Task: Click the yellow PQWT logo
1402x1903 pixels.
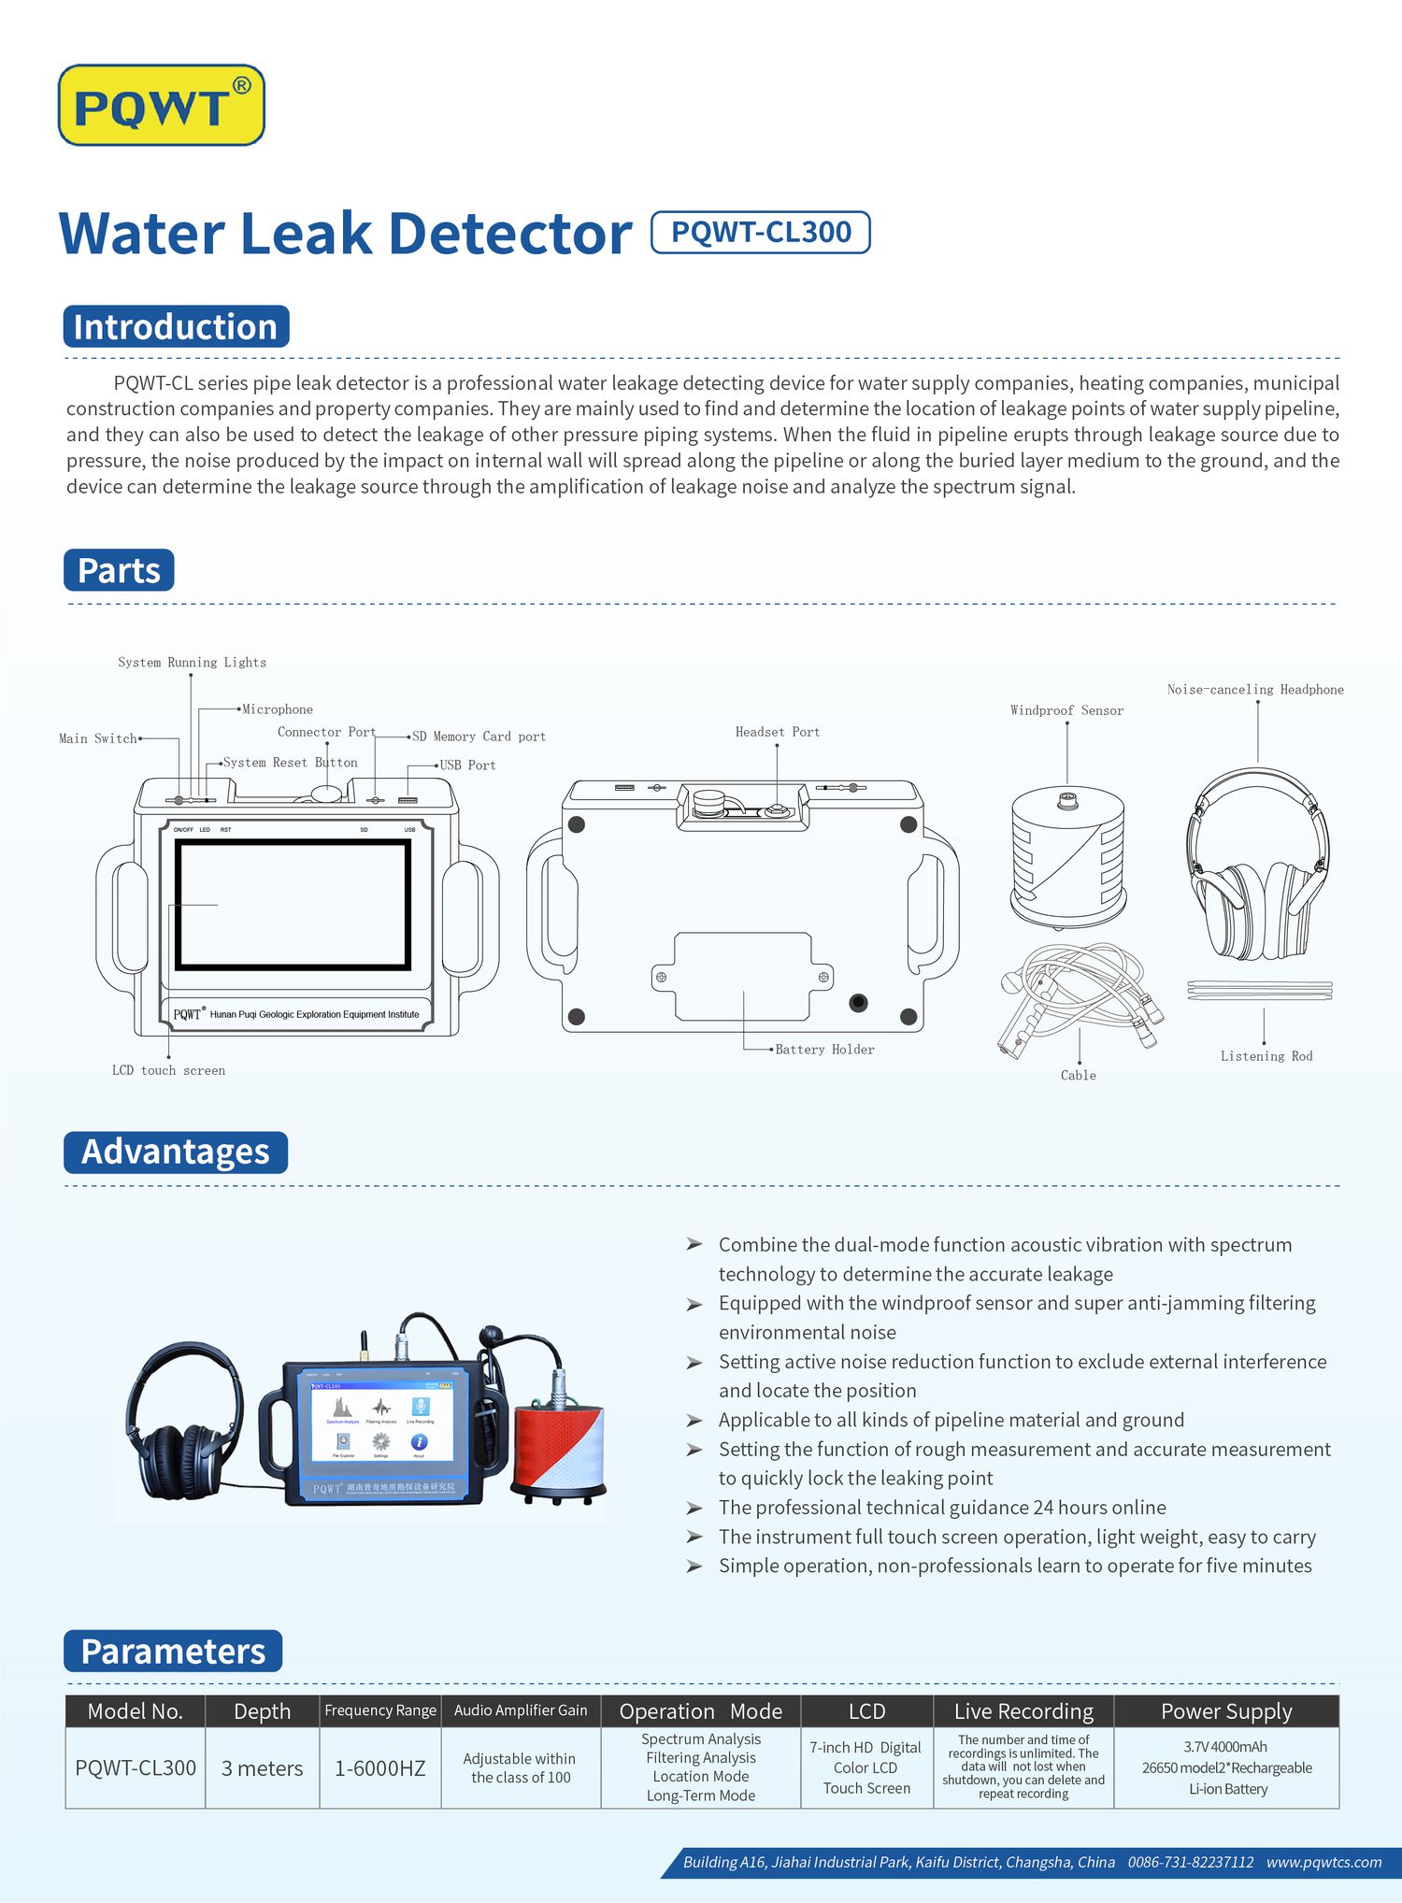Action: (161, 105)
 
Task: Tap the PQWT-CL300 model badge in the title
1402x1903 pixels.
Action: (760, 233)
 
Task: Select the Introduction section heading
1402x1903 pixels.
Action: (176, 327)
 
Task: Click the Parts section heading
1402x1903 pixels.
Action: (119, 570)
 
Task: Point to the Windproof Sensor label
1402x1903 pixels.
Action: (1066, 710)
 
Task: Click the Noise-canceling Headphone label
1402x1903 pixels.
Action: (1254, 690)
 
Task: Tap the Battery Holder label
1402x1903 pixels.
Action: (824, 1050)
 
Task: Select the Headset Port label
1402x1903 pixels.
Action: (777, 732)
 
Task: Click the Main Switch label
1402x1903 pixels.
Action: (98, 738)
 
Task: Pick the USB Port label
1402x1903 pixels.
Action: (467, 765)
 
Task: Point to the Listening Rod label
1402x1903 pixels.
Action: (1266, 1056)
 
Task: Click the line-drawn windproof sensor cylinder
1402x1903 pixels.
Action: (1067, 855)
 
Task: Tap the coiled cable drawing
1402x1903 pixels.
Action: (1080, 995)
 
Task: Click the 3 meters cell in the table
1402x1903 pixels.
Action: (262, 1768)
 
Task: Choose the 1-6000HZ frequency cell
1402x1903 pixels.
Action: (379, 1768)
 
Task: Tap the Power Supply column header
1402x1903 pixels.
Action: (1225, 1711)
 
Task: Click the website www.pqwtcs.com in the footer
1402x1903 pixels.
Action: (1323, 1862)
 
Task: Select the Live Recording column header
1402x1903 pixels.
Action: (1023, 1711)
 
